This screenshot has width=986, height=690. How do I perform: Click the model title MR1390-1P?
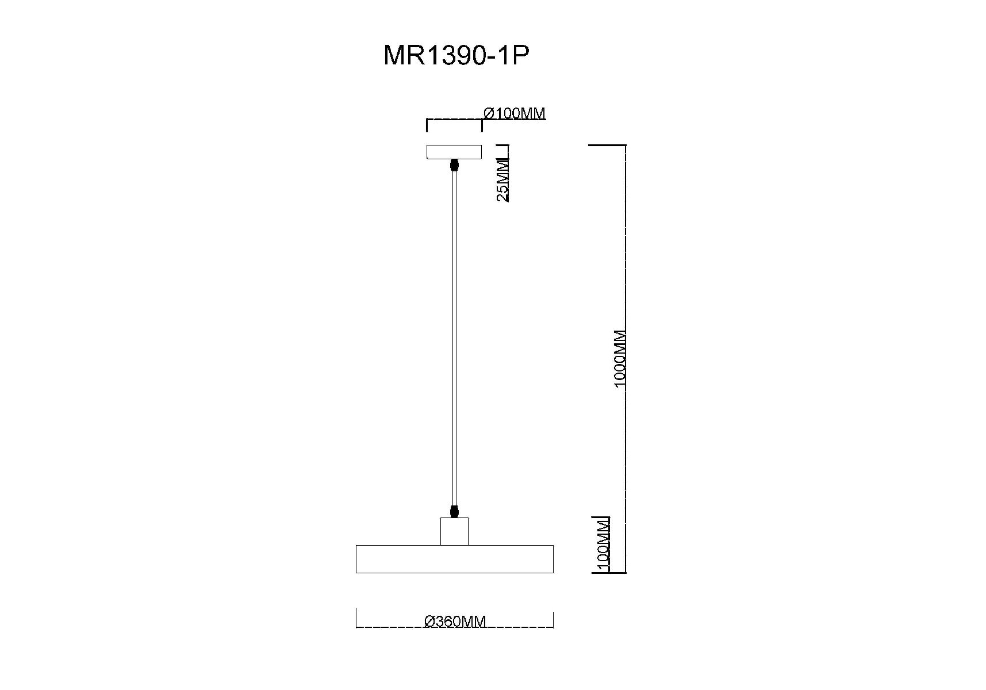456,56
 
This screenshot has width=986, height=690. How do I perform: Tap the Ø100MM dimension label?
515,113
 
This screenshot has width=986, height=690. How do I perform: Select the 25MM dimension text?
503,180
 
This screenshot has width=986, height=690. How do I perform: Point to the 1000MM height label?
620,359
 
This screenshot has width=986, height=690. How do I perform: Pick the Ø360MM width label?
455,621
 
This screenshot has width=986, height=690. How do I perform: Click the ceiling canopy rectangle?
454,152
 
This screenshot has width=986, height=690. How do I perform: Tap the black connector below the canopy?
454,166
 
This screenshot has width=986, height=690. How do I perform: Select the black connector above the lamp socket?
454,511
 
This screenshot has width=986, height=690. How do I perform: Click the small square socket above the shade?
454,531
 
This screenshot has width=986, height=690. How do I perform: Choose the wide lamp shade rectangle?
455,559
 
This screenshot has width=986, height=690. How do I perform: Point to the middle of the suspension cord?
454,338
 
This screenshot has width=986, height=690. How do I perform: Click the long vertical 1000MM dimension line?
626,359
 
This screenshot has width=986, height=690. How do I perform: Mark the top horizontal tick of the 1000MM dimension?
607,145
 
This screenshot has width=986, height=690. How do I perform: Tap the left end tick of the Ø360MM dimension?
356,618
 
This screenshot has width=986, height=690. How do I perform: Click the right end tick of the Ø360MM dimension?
553,619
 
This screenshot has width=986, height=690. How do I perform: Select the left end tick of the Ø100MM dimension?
427,125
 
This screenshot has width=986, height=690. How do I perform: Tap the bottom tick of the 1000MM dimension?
609,573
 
